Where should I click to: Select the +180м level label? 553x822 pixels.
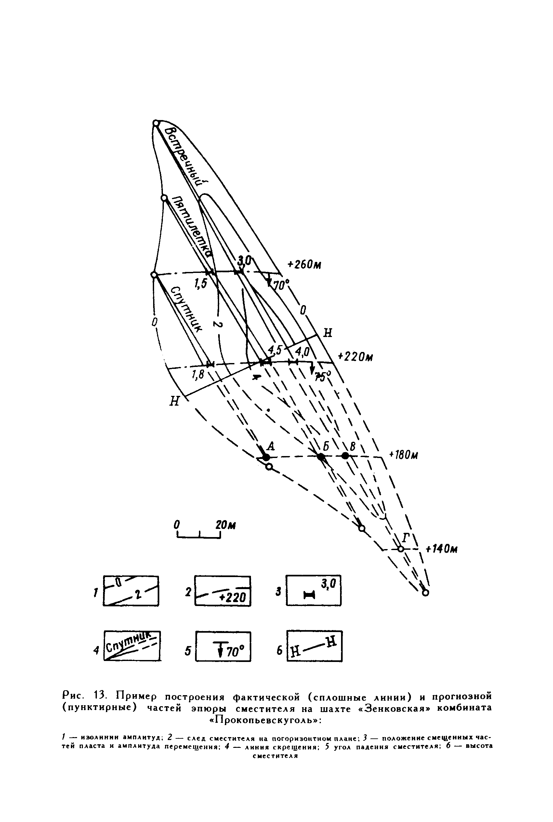point(403,455)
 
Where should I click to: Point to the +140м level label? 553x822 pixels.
point(441,549)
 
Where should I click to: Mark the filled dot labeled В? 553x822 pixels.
point(345,456)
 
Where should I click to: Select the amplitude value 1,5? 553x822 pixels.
point(200,283)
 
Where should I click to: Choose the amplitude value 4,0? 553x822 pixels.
point(302,352)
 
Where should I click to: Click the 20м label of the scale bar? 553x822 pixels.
point(225,525)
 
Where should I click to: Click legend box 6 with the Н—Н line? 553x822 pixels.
point(314,646)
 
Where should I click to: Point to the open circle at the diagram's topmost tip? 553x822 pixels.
point(156,123)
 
